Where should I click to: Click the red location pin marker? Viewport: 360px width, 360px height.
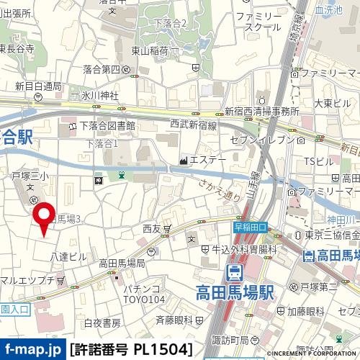[x=43, y=217]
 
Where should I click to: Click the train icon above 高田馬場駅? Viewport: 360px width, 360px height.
[x=234, y=273]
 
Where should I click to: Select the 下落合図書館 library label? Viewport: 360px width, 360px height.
[x=107, y=126]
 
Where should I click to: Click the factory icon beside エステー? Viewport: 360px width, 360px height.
[x=184, y=159]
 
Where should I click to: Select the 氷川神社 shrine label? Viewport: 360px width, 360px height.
[x=100, y=94]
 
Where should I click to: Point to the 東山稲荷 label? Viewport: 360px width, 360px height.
[x=150, y=51]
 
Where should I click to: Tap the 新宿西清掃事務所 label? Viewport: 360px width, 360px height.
[x=262, y=112]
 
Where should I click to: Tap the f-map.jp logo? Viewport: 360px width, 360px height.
[x=32, y=350]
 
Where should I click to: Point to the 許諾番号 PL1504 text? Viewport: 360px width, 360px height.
[x=131, y=350]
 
